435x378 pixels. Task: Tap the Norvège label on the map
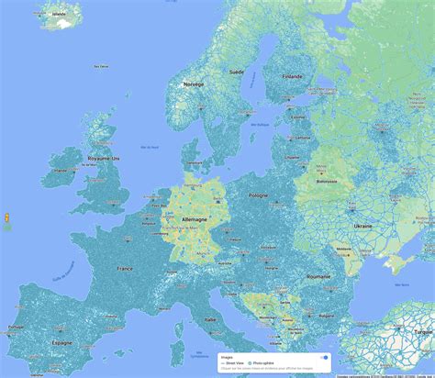click(x=194, y=83)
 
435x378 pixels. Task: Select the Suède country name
click(x=236, y=71)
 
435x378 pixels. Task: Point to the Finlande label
click(x=293, y=76)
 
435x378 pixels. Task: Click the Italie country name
click(x=211, y=318)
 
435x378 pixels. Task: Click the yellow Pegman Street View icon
click(x=8, y=219)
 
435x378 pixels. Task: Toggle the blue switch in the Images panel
click(x=323, y=358)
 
